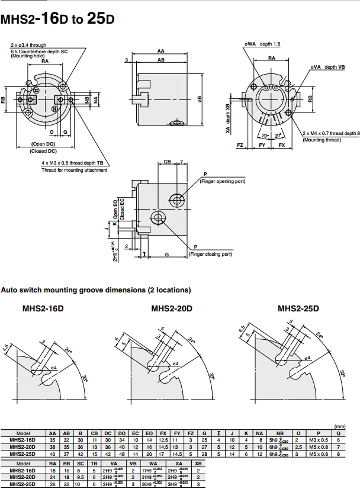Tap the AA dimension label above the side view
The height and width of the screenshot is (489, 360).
pos(161,51)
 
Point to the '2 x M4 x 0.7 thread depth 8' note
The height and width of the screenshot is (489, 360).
pos(331,134)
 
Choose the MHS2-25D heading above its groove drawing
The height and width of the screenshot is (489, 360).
pos(298,308)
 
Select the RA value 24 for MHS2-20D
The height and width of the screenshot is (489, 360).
pos(53,477)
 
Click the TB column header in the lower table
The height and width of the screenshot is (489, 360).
pos(94,464)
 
